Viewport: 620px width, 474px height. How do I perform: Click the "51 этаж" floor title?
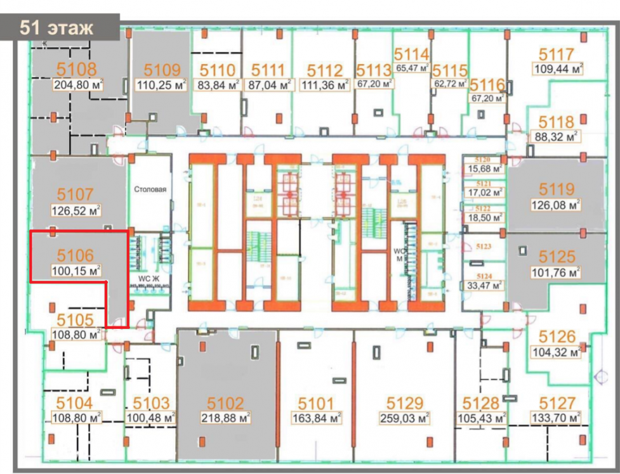pyautogui.click(x=56, y=27)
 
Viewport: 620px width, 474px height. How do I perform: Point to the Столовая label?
pyautogui.click(x=150, y=189)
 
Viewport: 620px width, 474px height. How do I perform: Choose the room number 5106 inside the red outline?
pyautogui.click(x=75, y=255)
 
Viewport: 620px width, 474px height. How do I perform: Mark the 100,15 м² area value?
pyautogui.click(x=76, y=271)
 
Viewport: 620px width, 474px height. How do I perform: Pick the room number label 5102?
pyautogui.click(x=225, y=403)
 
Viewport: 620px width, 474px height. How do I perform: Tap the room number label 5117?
pyautogui.click(x=557, y=54)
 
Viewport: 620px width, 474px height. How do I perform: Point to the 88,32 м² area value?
pyautogui.click(x=555, y=136)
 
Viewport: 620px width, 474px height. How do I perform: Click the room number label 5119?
pyautogui.click(x=557, y=189)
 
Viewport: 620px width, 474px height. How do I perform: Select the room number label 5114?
pyautogui.click(x=411, y=54)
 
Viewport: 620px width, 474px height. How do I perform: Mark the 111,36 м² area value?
pyautogui.click(x=325, y=84)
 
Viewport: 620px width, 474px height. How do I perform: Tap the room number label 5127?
pyautogui.click(x=557, y=403)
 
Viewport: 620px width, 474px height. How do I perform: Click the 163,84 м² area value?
pyautogui.click(x=316, y=418)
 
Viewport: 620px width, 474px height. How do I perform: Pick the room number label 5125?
pyautogui.click(x=557, y=257)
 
